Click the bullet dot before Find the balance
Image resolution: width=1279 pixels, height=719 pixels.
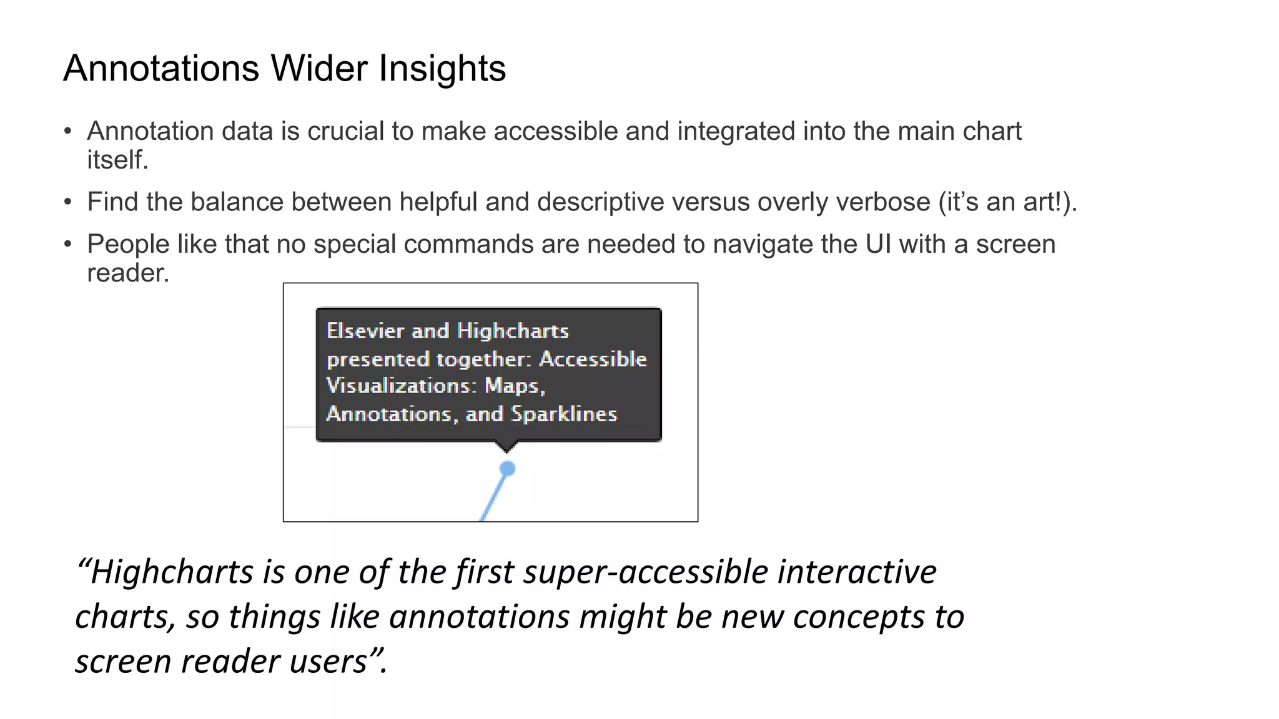click(x=68, y=202)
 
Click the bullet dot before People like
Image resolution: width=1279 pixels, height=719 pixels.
click(x=68, y=244)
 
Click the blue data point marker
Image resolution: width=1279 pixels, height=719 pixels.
click(x=508, y=468)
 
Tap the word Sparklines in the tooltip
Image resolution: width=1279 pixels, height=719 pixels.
click(x=563, y=414)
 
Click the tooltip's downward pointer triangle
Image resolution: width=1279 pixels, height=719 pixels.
click(x=506, y=446)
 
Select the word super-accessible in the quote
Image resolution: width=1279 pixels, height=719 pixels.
click(x=646, y=572)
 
